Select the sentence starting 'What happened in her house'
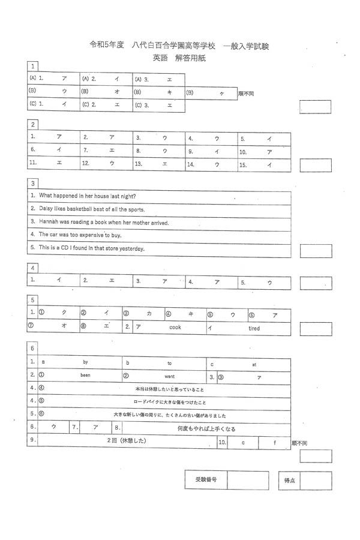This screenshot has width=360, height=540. [87, 196]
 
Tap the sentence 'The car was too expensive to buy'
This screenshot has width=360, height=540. [80, 235]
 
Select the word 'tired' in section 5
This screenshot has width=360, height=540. [254, 328]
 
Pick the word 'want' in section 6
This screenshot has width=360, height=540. [170, 376]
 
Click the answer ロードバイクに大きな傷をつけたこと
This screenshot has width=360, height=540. [170, 402]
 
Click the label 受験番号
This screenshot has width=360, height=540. [206, 481]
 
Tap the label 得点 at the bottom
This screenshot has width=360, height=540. [289, 481]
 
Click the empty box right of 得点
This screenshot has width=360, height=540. [316, 481]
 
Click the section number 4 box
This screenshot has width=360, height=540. [34, 268]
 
